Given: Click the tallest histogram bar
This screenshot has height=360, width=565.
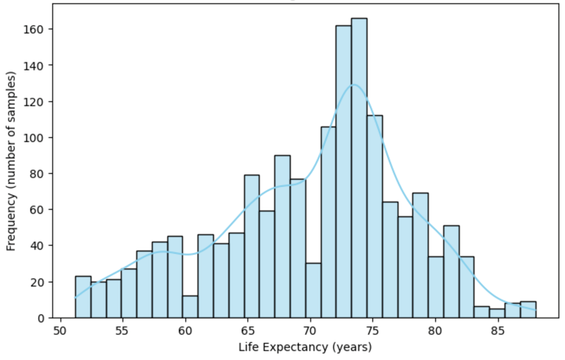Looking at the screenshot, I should pyautogui.click(x=359, y=168).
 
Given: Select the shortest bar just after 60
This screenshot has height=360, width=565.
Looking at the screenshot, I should pyautogui.click(x=190, y=307).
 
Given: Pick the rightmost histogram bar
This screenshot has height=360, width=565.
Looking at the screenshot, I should pyautogui.click(x=528, y=310).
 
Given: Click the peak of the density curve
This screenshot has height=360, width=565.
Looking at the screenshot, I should pyautogui.click(x=353, y=85).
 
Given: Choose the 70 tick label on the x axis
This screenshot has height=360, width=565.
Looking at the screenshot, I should pyautogui.click(x=310, y=332).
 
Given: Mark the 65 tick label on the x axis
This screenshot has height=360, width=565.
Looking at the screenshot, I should pyautogui.click(x=247, y=332).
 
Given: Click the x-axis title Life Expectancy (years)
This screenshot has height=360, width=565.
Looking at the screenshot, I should pyautogui.click(x=305, y=348).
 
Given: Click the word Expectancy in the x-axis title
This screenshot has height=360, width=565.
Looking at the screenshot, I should pyautogui.click(x=304, y=348).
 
